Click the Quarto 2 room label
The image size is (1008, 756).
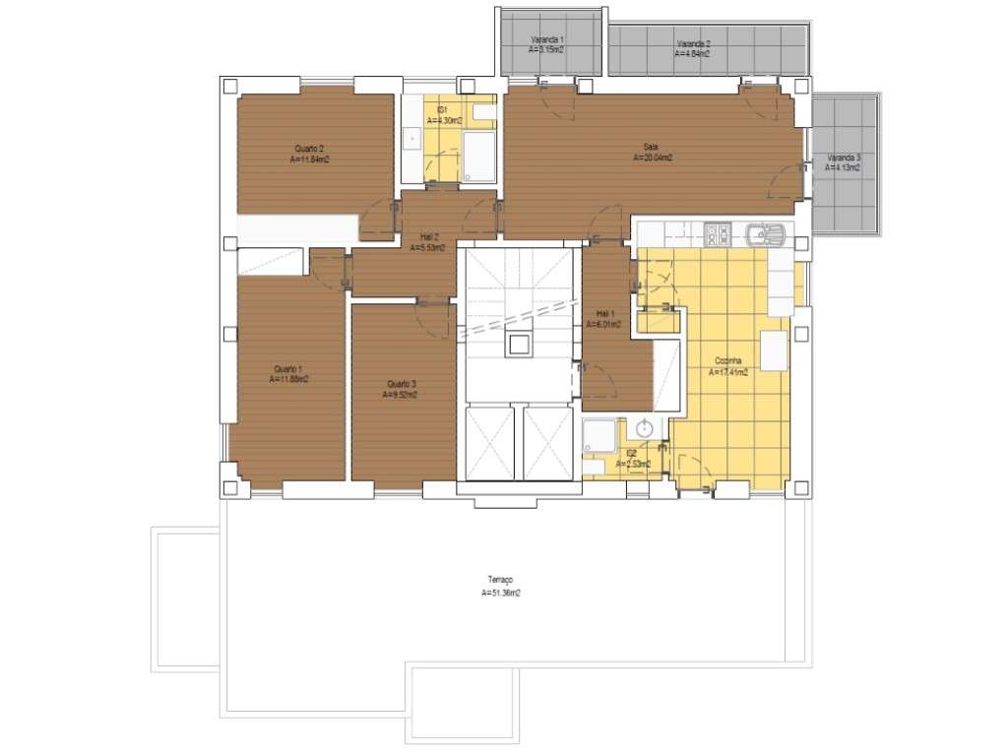309,148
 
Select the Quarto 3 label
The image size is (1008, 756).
401,384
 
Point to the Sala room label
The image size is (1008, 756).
651,148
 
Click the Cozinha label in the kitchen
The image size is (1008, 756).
728,361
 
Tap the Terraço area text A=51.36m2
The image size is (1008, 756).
501,594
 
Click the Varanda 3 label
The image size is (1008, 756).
843,157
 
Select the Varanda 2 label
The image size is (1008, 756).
693,44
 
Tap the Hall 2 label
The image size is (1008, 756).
429,237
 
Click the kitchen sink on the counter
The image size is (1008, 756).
765,235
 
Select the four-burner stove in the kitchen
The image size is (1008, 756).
718,234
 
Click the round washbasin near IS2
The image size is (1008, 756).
645,429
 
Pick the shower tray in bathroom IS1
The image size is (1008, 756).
479,157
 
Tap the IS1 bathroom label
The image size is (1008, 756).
443,109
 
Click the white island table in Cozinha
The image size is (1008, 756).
774,350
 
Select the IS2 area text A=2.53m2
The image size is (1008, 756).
633,464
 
